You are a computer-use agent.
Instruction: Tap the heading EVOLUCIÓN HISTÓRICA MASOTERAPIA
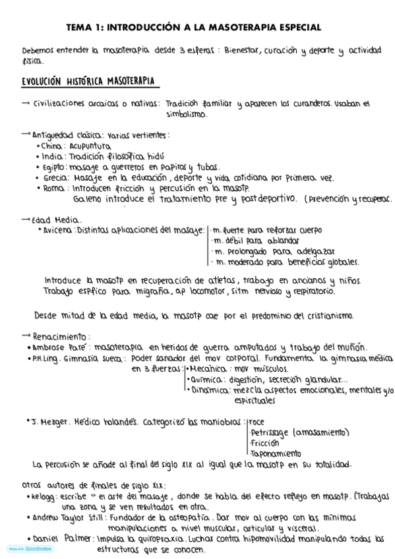[88, 81]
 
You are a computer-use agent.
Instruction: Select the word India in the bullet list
[49, 157]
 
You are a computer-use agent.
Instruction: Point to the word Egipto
[51, 167]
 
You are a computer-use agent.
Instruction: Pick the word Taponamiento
[276, 453]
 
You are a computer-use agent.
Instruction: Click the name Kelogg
[43, 496]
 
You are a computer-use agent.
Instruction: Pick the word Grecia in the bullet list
[51, 178]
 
